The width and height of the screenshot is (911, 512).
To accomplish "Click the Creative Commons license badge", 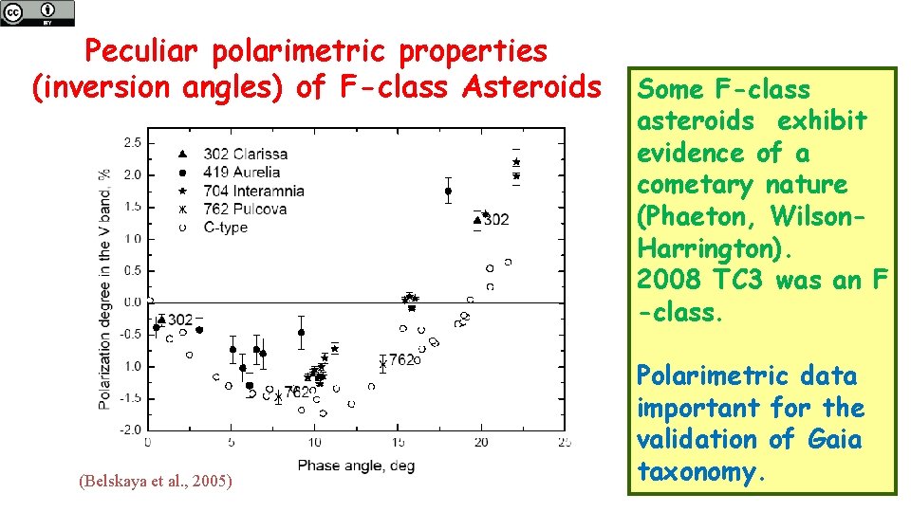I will pyautogui.click(x=37, y=12).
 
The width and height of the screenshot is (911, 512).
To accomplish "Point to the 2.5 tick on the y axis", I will pyautogui.click(x=133, y=142).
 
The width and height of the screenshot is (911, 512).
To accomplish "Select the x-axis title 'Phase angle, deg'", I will pyautogui.click(x=356, y=466).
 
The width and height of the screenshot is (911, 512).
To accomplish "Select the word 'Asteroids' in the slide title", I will pyautogui.click(x=531, y=88).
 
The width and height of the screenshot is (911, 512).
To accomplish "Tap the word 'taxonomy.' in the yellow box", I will pyautogui.click(x=701, y=471).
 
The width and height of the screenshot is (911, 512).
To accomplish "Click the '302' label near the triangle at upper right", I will pyautogui.click(x=495, y=220).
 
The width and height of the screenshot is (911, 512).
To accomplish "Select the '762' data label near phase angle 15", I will pyautogui.click(x=401, y=360).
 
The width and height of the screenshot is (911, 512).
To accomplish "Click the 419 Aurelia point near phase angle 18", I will pyautogui.click(x=448, y=191).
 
